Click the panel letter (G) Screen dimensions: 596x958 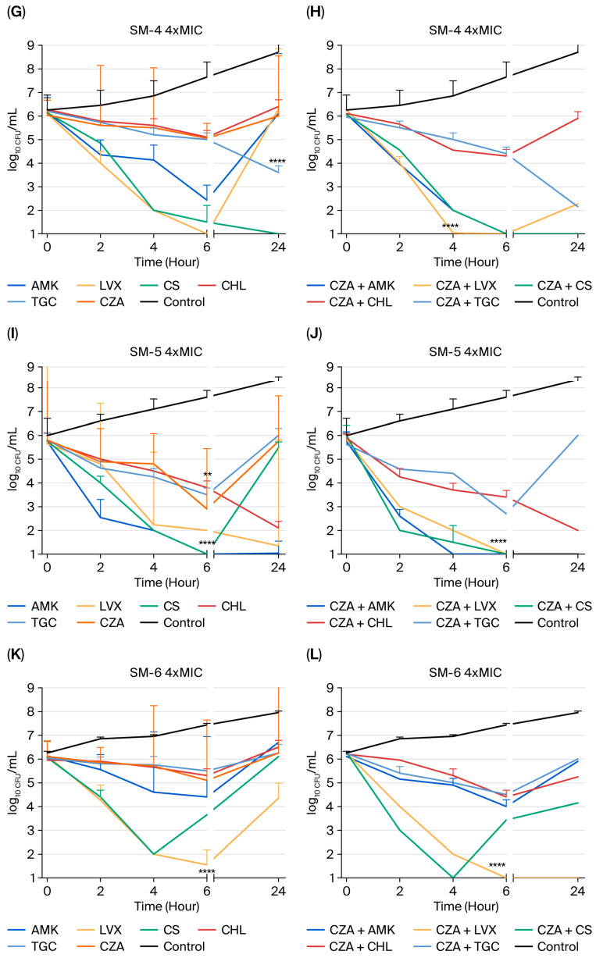tap(16, 12)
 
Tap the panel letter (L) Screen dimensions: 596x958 tap(315, 655)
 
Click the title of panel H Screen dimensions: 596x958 tap(465, 30)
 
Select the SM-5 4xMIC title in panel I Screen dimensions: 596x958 tap(166, 352)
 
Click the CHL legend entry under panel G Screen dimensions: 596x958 tap(222, 286)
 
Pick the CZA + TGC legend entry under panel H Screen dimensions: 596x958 tap(456, 302)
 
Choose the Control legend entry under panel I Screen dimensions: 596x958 tap(173, 623)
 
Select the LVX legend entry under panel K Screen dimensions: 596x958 tap(99, 930)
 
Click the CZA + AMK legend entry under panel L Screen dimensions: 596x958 tap(351, 930)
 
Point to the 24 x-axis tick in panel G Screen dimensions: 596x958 tap(278, 247)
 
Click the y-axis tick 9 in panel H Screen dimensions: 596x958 tap(330, 45)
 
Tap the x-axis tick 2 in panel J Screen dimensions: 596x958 tap(400, 567)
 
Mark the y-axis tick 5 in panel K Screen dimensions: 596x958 tap(30, 783)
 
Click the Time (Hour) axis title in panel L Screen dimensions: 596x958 tap(466, 906)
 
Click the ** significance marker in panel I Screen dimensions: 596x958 tap(208, 475)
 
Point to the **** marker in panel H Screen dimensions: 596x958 tap(450, 226)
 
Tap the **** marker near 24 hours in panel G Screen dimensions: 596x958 tap(277, 162)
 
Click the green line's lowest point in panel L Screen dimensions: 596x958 tap(453, 878)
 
